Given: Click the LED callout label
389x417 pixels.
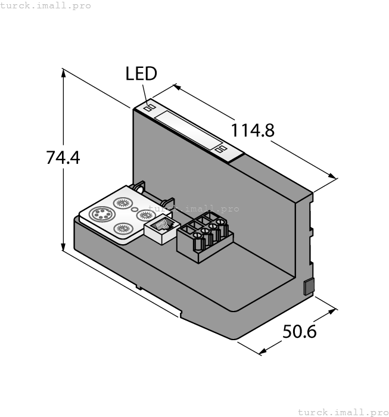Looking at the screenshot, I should (141, 74).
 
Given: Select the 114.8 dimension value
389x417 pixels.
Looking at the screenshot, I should (253, 130).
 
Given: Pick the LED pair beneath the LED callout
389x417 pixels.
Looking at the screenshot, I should (150, 108).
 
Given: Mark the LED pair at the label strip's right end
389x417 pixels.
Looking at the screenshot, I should (221, 149).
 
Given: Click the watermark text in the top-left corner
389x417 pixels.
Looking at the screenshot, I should (46, 5).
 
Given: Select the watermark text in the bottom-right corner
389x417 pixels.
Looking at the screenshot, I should (342, 412).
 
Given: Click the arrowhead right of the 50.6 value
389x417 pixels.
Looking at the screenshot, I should (333, 312).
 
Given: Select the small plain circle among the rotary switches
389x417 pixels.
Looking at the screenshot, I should (135, 209).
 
